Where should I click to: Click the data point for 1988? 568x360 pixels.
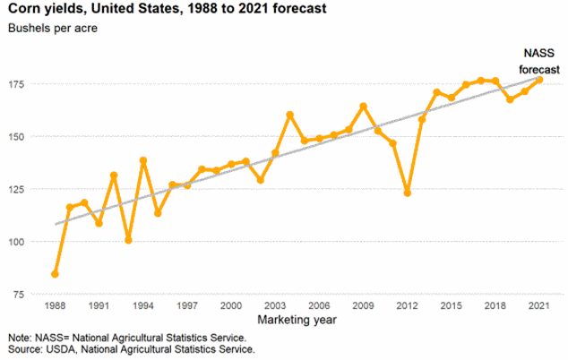tap(55, 273)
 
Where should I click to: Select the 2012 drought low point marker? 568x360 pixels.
tap(407, 193)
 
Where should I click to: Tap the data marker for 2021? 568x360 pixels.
tap(539, 80)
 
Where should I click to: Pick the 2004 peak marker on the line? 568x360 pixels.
tap(289, 115)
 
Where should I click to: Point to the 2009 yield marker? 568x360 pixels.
tap(363, 106)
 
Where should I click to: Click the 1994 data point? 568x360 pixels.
tap(143, 160)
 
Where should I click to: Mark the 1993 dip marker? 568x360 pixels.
tap(128, 240)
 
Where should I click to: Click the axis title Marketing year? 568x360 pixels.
tap(296, 319)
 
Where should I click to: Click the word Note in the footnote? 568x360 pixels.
tap(18, 338)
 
